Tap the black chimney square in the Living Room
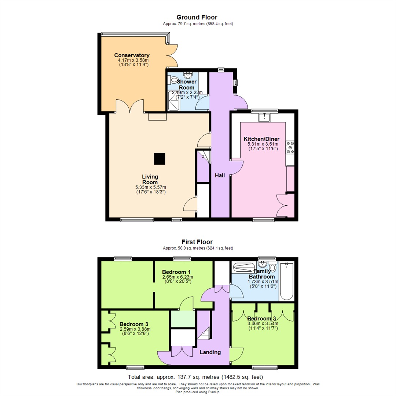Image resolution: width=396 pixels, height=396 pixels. pyautogui.click(x=159, y=159)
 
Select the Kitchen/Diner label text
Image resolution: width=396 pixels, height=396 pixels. pyautogui.click(x=261, y=139)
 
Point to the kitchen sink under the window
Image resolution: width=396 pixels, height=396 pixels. pyautogui.click(x=264, y=117)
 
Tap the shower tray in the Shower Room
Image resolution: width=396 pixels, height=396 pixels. pyautogui.click(x=175, y=100)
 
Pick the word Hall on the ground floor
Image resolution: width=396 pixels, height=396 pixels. pyautogui.click(x=220, y=176)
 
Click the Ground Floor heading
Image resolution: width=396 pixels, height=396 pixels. pyautogui.click(x=197, y=17)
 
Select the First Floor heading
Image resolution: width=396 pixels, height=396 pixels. pyautogui.click(x=197, y=242)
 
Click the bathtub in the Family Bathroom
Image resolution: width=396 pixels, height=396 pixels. pyautogui.click(x=286, y=281)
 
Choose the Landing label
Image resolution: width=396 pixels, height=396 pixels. pyautogui.click(x=210, y=352)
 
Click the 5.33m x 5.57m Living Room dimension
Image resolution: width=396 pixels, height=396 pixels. pyautogui.click(x=151, y=187)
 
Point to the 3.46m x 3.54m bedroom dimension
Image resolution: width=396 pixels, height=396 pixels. pyautogui.click(x=263, y=323)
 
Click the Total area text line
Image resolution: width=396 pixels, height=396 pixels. pyautogui.click(x=195, y=377)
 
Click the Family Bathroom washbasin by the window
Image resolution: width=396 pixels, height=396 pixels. pyautogui.click(x=263, y=265)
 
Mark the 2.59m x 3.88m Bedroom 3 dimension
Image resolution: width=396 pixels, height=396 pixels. pyautogui.click(x=135, y=329)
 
